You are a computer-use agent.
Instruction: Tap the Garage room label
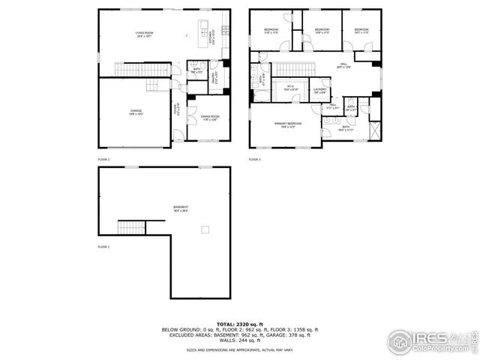(x=136, y=112)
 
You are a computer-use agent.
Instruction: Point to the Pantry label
(x=213, y=76)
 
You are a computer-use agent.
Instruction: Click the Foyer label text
(x=176, y=108)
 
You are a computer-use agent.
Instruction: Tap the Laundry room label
(x=319, y=91)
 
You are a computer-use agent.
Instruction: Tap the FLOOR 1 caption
(x=103, y=247)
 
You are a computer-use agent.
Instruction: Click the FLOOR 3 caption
(x=255, y=160)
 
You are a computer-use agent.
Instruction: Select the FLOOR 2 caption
(x=103, y=160)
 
